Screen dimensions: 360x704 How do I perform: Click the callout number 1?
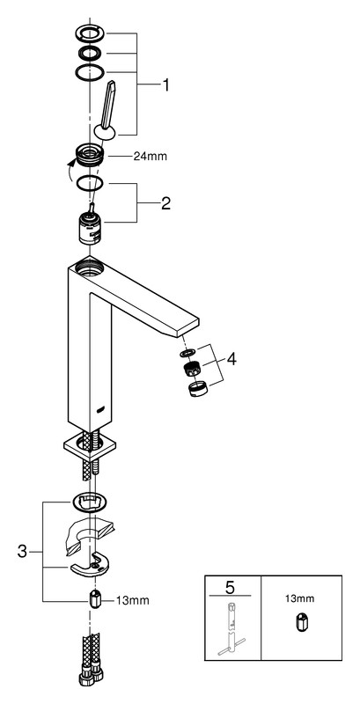pos(165,84)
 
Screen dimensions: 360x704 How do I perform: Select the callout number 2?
pos(165,204)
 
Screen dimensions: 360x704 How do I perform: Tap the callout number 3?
pos(22,551)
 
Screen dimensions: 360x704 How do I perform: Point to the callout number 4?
pos(231,359)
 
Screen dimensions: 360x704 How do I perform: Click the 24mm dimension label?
pos(150,157)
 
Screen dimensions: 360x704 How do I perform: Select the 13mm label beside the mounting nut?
pos(132,600)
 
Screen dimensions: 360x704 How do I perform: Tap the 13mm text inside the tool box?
pos(301,598)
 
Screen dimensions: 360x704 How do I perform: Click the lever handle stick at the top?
pos(107,105)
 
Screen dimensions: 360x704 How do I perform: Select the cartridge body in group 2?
pos(92,229)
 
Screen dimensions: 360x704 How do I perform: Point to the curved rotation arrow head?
pos(70,165)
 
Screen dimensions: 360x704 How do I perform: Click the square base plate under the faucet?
pos(90,447)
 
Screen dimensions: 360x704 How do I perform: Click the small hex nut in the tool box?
pos(301,623)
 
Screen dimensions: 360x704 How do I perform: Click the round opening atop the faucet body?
pos(89,268)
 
